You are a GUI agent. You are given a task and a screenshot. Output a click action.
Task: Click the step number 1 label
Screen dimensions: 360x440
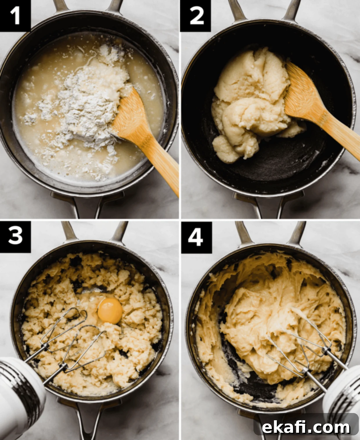tap(15, 15)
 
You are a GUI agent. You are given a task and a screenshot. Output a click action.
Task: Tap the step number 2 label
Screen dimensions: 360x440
tap(196, 15)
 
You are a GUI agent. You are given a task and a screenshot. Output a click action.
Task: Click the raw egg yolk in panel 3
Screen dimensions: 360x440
tap(110, 311)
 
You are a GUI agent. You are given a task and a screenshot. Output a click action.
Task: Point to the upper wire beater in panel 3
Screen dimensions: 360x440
tap(63, 330)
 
